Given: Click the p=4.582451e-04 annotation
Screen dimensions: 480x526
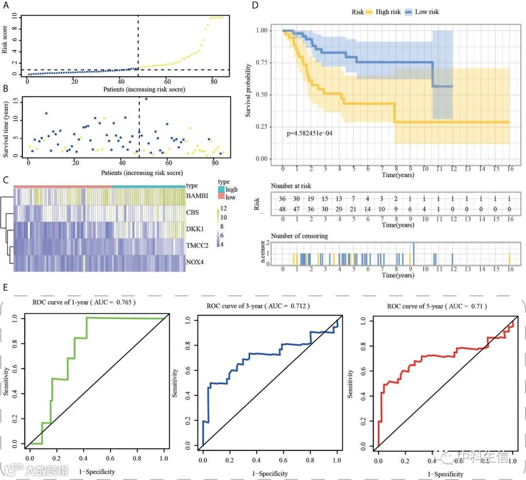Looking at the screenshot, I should [309, 133].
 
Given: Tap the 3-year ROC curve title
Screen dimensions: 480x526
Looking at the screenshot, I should [258, 306].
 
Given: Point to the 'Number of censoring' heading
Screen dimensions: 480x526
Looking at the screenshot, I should [299, 236].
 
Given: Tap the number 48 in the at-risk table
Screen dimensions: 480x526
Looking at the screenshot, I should [283, 210].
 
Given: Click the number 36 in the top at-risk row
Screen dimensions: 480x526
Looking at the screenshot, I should [283, 200].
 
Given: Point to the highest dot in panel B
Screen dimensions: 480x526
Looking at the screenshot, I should [146, 99].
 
